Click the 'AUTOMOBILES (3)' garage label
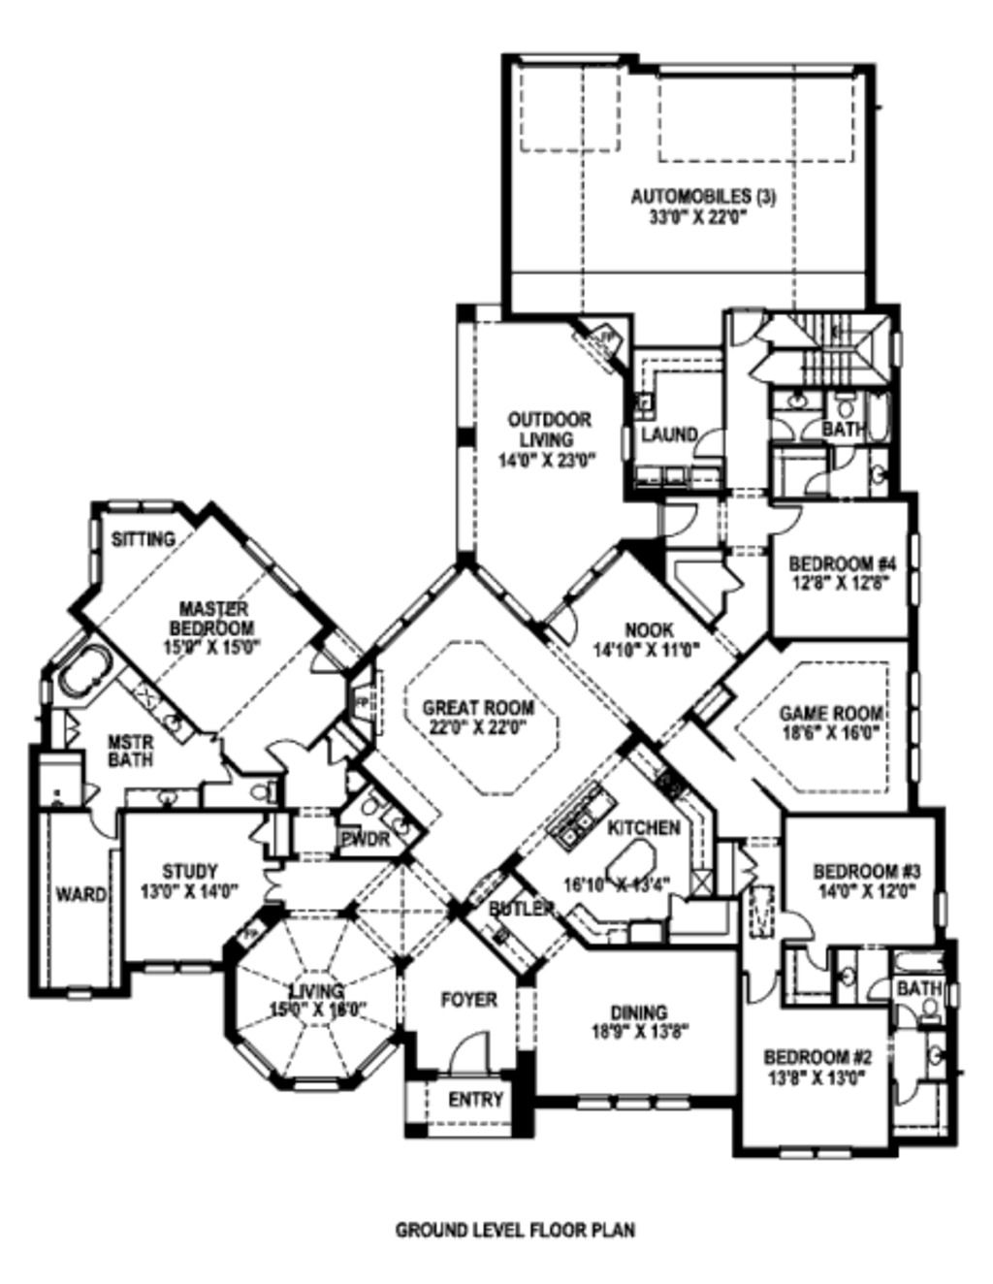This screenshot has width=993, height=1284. pos(703,197)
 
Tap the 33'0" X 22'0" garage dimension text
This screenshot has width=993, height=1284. pos(703,216)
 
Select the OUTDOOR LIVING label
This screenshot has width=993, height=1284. pos(550,429)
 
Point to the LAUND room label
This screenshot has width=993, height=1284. pos(668,434)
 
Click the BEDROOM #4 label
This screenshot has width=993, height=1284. pos(840,563)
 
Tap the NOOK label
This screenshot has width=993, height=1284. pos(649,629)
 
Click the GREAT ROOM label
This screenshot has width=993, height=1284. pos(478,708)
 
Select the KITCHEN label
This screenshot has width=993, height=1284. pos(644,827)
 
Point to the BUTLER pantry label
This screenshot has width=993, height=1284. pos(521,909)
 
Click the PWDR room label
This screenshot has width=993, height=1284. pos(365,839)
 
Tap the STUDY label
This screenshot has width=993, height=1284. pos(189,871)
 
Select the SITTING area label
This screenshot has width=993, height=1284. pos(143,538)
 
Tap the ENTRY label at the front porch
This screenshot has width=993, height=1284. pos(475,1099)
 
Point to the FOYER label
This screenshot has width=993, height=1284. pos(468,999)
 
